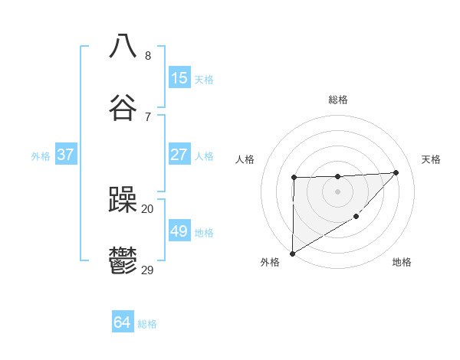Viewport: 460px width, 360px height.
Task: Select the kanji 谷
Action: [123, 108]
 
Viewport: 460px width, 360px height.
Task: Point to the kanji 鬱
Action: [123, 261]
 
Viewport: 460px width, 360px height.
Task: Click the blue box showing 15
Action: [179, 78]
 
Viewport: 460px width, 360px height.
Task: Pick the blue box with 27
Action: [179, 155]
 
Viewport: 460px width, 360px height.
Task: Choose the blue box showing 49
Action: [179, 231]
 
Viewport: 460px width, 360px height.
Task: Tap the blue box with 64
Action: [122, 323]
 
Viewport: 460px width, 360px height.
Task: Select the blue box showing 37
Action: [65, 155]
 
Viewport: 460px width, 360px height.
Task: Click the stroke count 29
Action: [147, 270]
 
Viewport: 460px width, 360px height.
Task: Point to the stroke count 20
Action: [147, 208]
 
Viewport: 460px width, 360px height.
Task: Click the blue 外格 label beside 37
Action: [41, 156]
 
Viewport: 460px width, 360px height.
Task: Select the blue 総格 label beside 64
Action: [147, 324]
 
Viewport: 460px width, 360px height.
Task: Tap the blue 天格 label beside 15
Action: [204, 80]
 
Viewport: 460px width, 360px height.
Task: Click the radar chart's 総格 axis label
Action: [337, 100]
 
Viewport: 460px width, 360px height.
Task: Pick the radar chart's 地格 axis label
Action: [402, 263]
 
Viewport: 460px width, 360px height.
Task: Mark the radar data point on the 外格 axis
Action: [292, 253]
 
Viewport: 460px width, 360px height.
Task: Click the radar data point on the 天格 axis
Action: [396, 172]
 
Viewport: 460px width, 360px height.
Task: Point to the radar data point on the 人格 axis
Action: [294, 178]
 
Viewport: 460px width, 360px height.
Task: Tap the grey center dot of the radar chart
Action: [337, 191]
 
